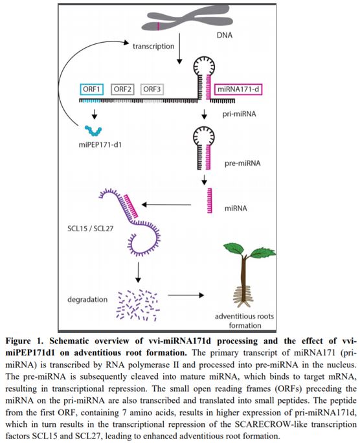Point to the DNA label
click(x=225, y=36)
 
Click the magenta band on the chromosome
click(x=159, y=27)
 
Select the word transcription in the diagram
click(x=153, y=46)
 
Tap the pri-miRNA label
click(x=239, y=114)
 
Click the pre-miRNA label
click(x=243, y=163)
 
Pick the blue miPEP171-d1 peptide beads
click(x=93, y=131)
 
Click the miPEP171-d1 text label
click(x=100, y=145)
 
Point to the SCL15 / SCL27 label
click(x=91, y=228)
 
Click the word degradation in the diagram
click(x=87, y=299)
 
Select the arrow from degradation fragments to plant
click(x=186, y=295)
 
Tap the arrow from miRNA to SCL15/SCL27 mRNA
click(x=166, y=205)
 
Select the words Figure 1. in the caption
click(x=25, y=341)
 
